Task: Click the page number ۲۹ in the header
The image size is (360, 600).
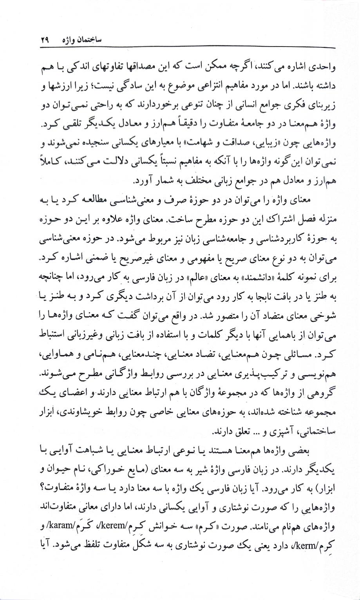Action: (x=45, y=40)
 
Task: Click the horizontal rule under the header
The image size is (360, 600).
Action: (x=180, y=48)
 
